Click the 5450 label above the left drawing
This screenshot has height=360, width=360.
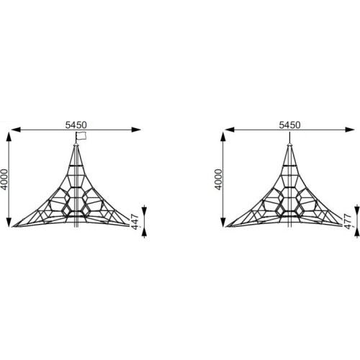pos(76,125)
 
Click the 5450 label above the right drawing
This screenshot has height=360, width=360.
pos(289,125)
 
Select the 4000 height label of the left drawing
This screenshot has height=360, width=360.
pos(4,179)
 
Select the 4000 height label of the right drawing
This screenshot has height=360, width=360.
pos(218,179)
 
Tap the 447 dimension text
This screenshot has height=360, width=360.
pos(135,222)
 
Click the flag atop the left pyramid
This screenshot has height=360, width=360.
pos(81,135)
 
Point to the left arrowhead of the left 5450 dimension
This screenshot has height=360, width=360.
pos(15,130)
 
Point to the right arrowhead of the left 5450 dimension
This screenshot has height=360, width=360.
pos(136,130)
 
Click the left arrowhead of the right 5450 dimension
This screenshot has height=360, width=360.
pos(230,130)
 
